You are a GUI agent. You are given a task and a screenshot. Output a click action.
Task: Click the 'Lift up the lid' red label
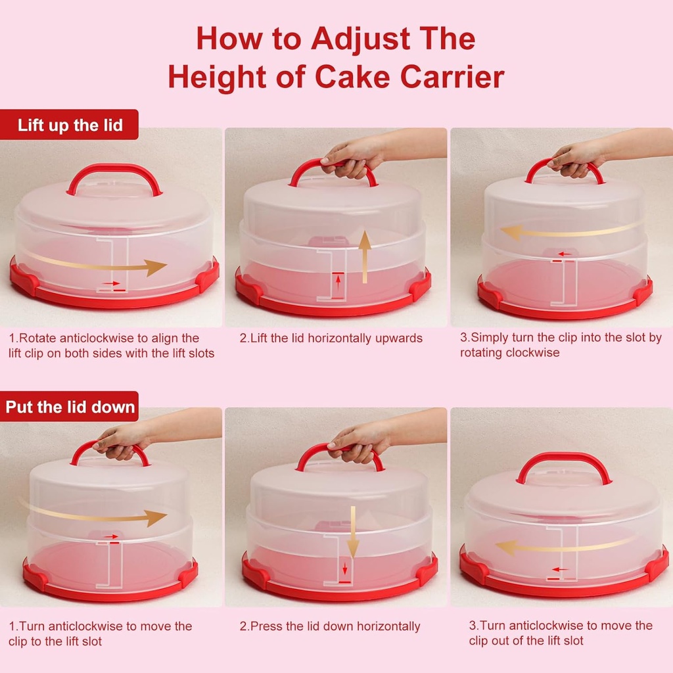[70, 125]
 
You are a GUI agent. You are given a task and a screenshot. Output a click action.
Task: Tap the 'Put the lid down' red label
[70, 407]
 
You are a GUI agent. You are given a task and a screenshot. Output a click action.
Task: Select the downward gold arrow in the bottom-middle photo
[353, 532]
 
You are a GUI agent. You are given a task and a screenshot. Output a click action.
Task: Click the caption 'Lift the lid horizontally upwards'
[331, 338]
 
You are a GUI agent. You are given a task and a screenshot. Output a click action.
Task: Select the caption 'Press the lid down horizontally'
[329, 626]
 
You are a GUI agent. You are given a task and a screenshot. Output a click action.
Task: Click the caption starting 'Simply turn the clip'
[560, 345]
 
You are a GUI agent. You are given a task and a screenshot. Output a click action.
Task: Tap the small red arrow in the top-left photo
[112, 283]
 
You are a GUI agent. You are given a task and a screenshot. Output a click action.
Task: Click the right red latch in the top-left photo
[208, 275]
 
